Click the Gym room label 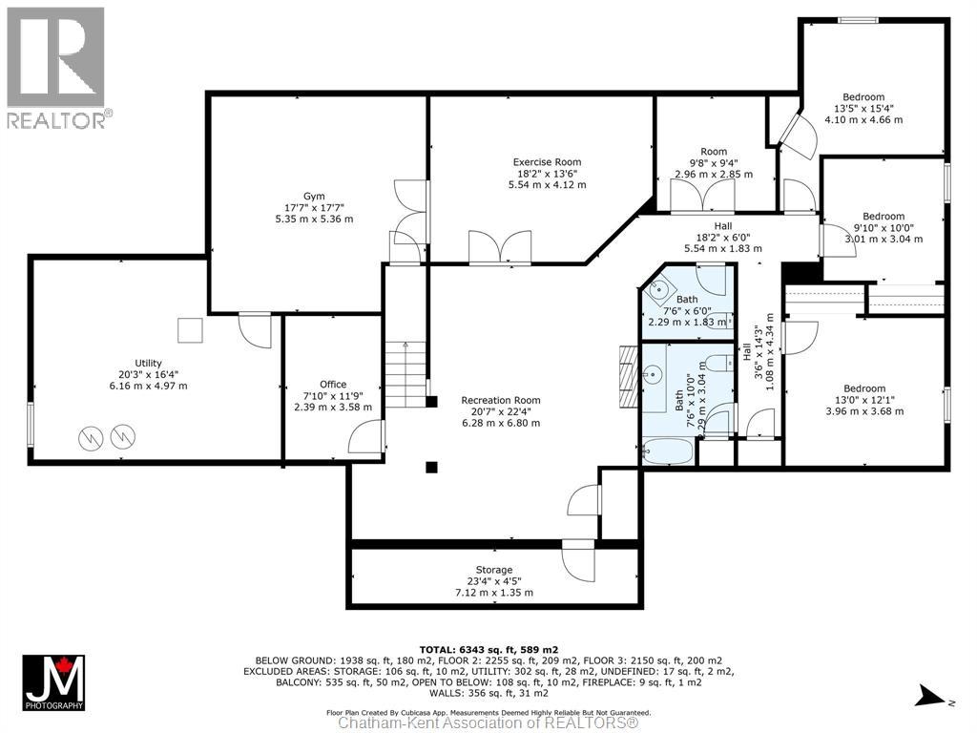[314, 197]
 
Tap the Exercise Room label [547, 162]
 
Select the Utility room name [148, 364]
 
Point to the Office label [333, 385]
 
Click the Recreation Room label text [501, 400]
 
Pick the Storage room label [494, 570]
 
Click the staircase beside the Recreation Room [405, 374]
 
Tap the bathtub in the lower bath [666, 450]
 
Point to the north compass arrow [932, 696]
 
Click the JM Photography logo [54, 682]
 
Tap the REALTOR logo [58, 68]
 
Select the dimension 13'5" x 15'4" [863, 109]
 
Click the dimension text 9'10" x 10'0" [883, 228]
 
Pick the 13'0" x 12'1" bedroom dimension [864, 400]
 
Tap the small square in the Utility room [190, 330]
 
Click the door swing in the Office [366, 436]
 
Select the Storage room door [578, 559]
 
